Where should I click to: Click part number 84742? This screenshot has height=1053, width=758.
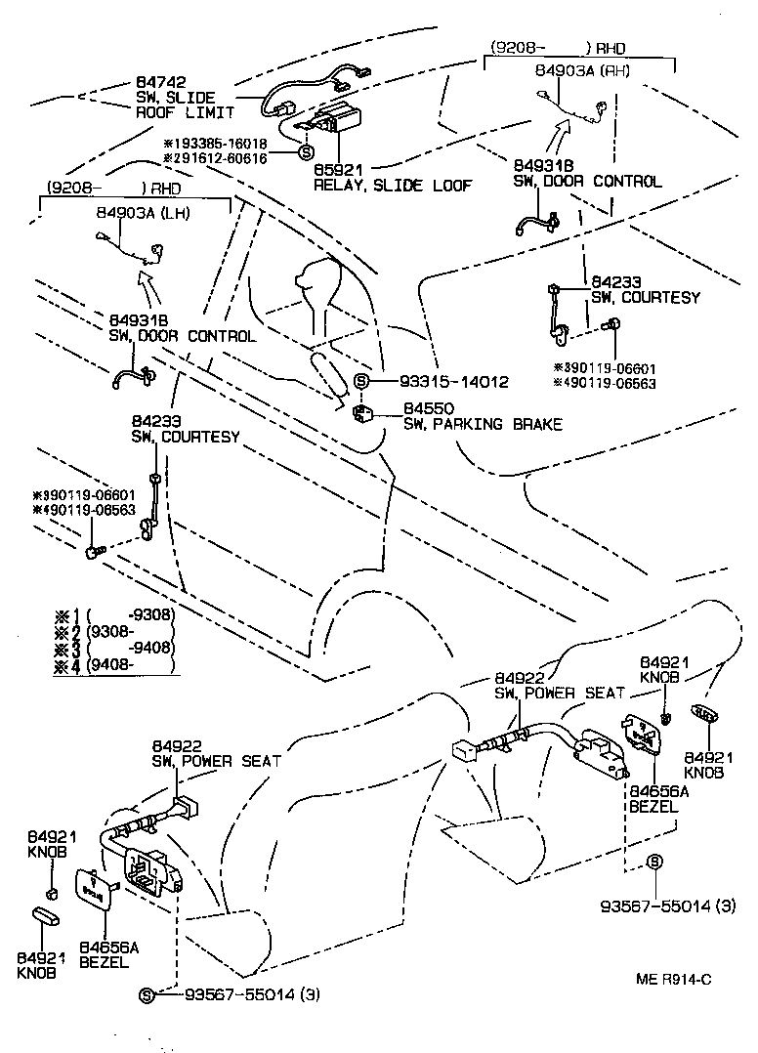point(160,83)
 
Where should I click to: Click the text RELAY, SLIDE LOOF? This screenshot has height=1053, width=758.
point(392,184)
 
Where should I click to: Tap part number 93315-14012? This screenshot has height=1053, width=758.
point(453,382)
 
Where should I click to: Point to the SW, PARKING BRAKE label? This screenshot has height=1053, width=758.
point(483,424)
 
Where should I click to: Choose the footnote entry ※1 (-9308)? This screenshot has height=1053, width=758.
point(115,615)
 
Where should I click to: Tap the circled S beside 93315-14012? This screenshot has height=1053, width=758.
point(361,382)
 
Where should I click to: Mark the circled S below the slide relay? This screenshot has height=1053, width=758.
point(305,152)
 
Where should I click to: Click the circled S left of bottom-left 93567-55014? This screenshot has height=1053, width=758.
point(147,995)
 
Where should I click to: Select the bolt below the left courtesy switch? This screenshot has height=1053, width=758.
point(93,553)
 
